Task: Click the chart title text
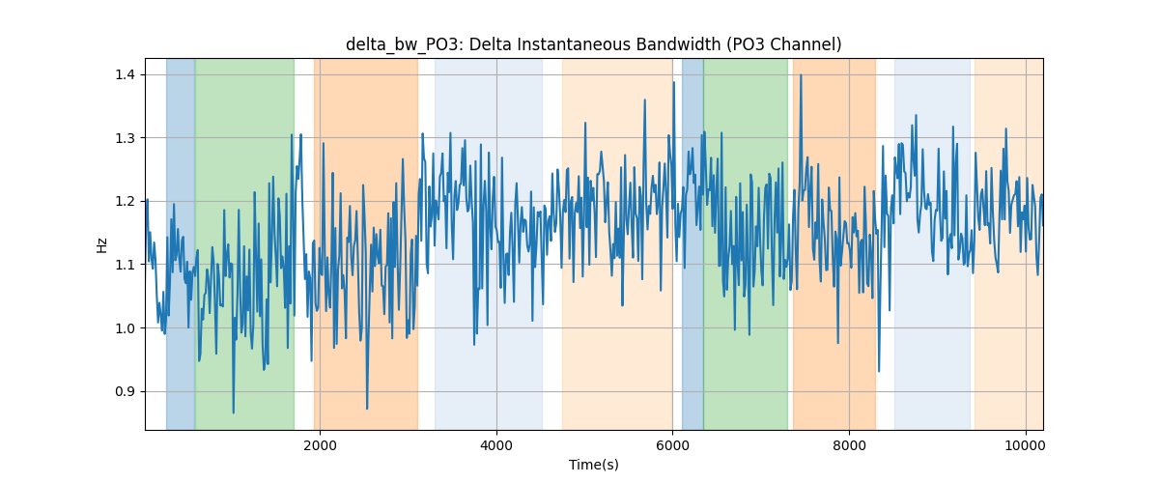(x=593, y=44)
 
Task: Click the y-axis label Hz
(x=102, y=244)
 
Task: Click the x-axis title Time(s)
(x=593, y=465)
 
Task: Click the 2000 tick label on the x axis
(x=321, y=445)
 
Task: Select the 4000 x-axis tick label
(x=496, y=445)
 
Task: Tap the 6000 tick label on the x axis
(x=672, y=445)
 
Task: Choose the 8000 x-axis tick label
(x=849, y=445)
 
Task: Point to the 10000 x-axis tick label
(x=1026, y=445)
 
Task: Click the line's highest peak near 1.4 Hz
(x=801, y=75)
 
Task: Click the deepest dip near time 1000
(x=234, y=412)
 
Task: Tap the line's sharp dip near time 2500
(x=367, y=409)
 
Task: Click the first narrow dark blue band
(x=181, y=243)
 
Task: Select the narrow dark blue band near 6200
(x=693, y=243)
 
